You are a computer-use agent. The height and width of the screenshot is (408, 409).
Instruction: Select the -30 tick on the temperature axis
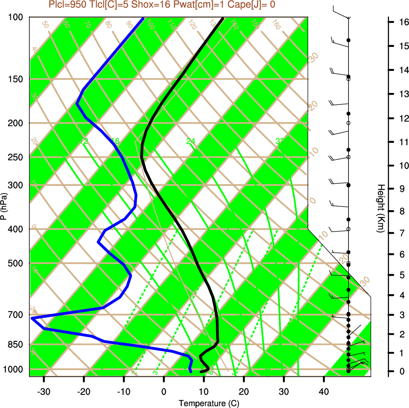click(44, 392)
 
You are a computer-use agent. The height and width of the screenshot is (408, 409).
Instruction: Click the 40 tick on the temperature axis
click(324, 392)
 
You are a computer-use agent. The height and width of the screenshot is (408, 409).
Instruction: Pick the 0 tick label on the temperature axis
click(164, 392)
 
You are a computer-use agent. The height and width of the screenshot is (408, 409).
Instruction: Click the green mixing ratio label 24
click(191, 141)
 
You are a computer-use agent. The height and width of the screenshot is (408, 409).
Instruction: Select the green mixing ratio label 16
click(114, 141)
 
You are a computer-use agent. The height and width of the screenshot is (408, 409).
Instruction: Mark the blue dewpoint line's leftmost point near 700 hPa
click(32, 318)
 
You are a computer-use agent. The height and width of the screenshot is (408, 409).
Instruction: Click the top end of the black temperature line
click(222, 18)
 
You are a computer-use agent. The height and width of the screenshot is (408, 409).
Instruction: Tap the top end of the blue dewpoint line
click(143, 18)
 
